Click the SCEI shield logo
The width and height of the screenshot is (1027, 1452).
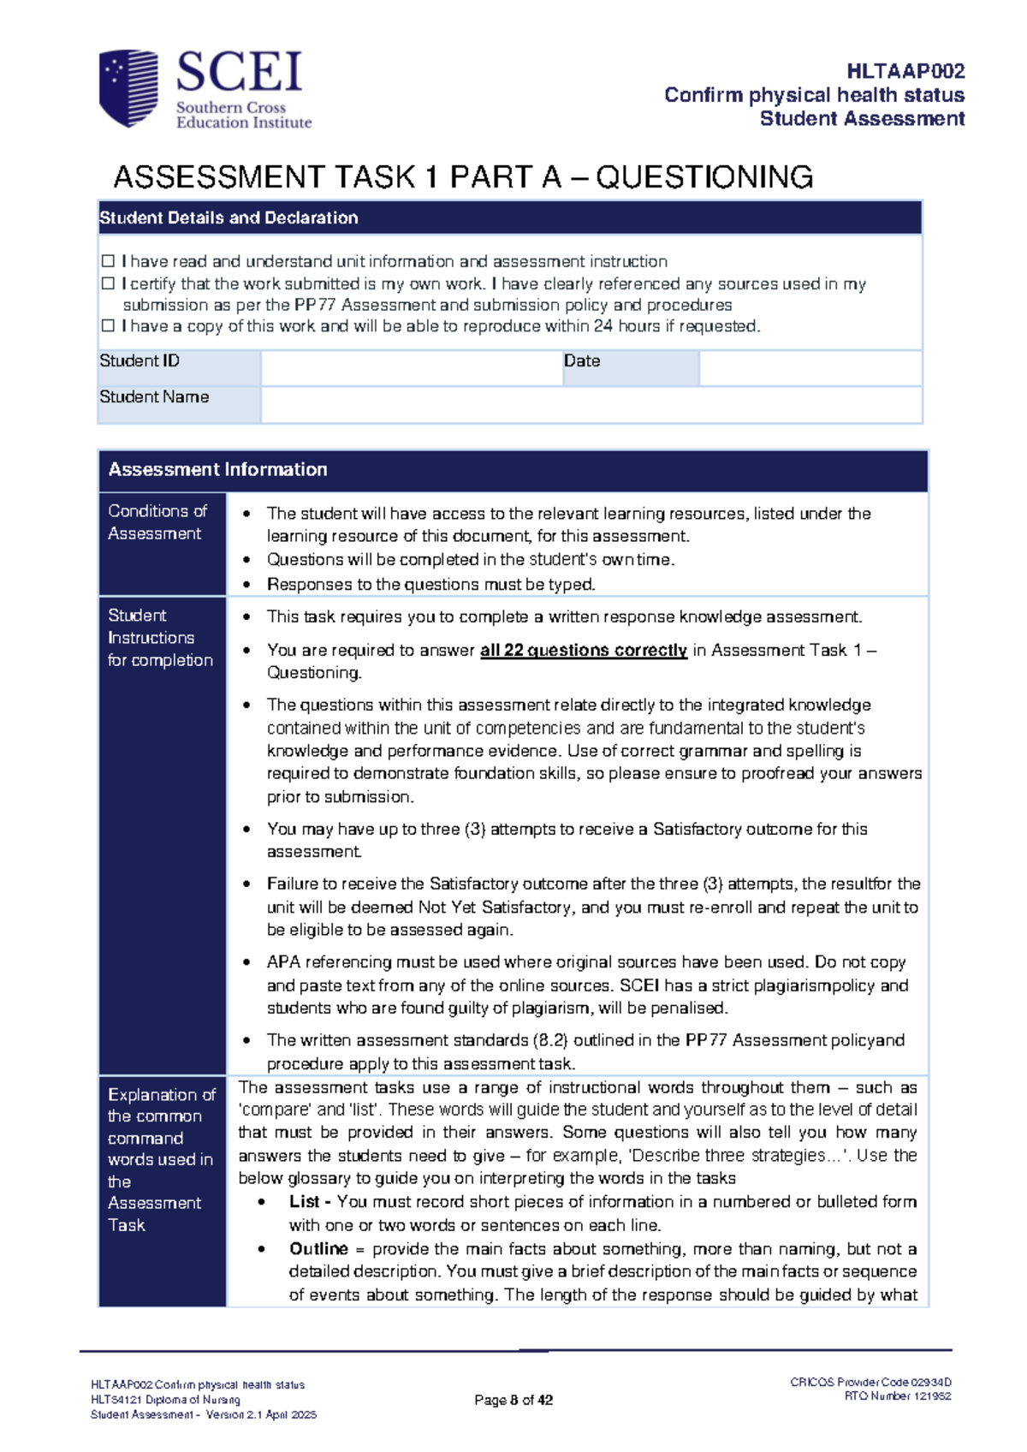point(129,88)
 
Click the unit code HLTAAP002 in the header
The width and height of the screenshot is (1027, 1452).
point(905,71)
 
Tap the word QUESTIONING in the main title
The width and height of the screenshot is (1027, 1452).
point(703,177)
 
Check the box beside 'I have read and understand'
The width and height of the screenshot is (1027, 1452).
point(108,261)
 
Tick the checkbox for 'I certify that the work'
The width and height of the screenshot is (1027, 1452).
point(108,283)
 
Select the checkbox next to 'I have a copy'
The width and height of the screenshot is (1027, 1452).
point(108,326)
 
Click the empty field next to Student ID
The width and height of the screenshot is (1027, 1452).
point(411,368)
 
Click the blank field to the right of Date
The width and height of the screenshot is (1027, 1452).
point(810,368)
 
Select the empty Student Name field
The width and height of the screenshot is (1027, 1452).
point(591,404)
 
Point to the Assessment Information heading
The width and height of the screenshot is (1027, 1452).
point(217,469)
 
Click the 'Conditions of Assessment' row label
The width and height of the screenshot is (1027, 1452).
point(157,522)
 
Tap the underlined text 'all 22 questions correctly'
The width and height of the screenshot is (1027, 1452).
point(583,651)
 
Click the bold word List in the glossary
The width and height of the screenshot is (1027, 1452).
point(304,1201)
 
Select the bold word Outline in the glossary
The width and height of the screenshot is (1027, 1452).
point(318,1248)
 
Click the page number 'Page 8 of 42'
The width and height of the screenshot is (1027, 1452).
point(513,1400)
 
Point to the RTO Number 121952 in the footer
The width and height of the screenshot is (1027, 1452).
point(897,1396)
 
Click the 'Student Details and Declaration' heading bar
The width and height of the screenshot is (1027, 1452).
point(229,217)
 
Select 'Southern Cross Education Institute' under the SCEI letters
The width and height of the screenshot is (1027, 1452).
point(243,115)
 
